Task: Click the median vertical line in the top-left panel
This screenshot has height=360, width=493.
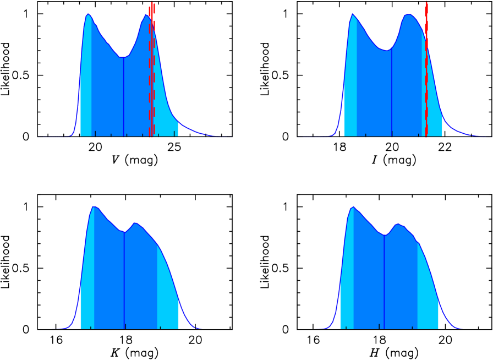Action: pyautogui.click(x=124, y=96)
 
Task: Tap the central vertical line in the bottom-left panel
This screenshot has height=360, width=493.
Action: pyautogui.click(x=124, y=281)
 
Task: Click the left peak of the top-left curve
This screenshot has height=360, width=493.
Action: pyautogui.click(x=88, y=15)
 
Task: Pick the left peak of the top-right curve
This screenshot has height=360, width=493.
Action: pyautogui.click(x=352, y=15)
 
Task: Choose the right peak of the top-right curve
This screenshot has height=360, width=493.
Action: pyautogui.click(x=408, y=15)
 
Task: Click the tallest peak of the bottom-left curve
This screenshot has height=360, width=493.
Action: pyautogui.click(x=95, y=207)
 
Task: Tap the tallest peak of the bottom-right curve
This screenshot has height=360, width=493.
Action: pyautogui.click(x=353, y=208)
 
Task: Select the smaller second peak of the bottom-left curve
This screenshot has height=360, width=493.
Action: pyautogui.click(x=135, y=223)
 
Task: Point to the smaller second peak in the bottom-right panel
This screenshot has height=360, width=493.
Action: pyautogui.click(x=398, y=225)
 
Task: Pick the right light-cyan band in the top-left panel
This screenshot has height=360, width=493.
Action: pyautogui.click(x=165, y=110)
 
